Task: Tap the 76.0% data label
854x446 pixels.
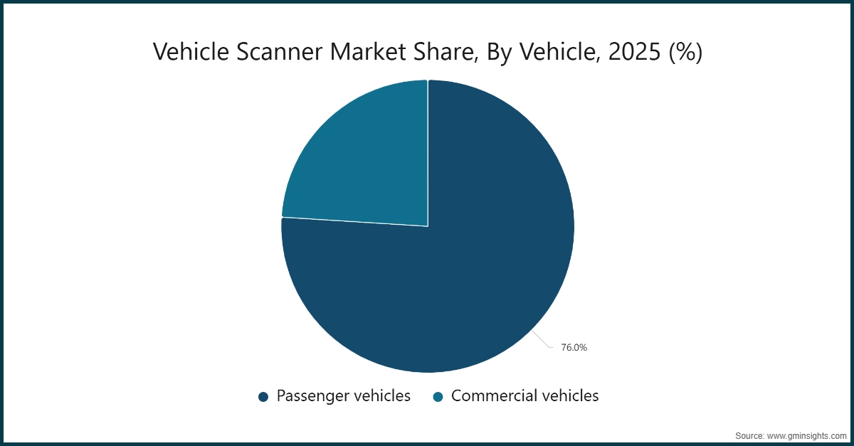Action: point(574,348)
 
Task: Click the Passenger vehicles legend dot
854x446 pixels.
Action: point(263,397)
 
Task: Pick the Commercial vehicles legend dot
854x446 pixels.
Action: point(438,397)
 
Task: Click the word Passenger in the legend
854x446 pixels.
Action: point(311,396)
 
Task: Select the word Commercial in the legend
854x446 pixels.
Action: point(491,396)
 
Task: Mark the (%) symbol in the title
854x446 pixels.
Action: point(685,53)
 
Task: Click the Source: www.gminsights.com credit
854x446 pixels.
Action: point(791,435)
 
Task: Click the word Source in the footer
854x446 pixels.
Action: point(749,435)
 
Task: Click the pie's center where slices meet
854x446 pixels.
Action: point(428,226)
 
